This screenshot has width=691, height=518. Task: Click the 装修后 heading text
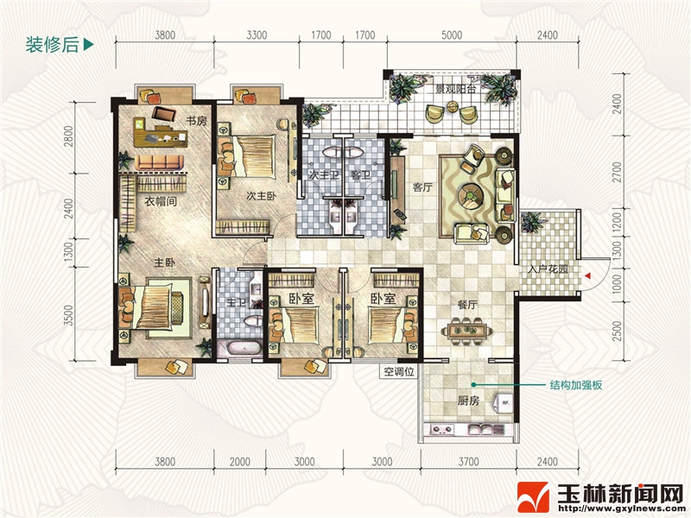click(52, 45)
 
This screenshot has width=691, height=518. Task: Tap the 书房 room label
click(196, 120)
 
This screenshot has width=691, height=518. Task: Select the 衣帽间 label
click(161, 202)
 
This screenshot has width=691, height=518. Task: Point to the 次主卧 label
click(262, 196)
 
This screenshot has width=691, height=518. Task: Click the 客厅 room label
click(422, 187)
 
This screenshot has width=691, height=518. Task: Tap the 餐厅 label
click(467, 305)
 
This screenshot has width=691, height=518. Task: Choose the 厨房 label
click(468, 401)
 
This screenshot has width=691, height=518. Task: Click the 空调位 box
click(398, 371)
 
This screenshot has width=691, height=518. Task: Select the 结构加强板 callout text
click(575, 385)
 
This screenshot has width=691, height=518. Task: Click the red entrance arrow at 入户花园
click(588, 275)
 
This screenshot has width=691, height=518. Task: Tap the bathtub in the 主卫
click(244, 348)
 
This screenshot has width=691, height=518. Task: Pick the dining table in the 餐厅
click(467, 331)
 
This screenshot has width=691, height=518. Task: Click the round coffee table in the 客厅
click(470, 193)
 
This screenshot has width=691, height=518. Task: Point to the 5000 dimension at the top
click(452, 35)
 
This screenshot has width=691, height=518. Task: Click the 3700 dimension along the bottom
click(468, 462)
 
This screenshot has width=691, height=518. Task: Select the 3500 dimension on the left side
click(68, 314)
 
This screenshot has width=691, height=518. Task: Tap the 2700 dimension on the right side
click(617, 172)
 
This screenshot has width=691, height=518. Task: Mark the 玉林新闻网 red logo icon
click(533, 497)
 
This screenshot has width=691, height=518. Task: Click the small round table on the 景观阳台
click(453, 106)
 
